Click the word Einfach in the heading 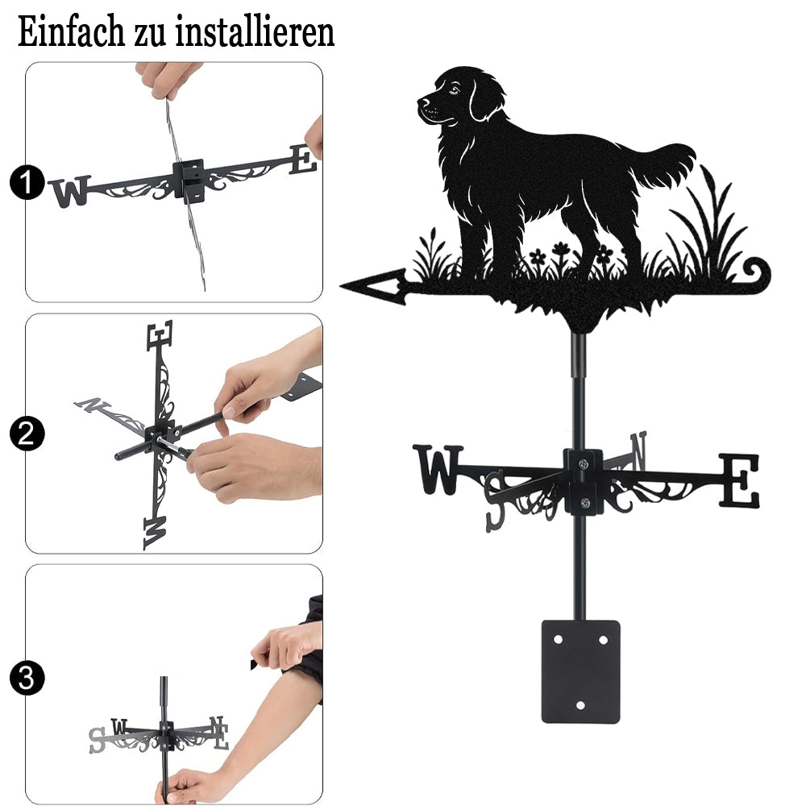click(71, 32)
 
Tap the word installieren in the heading click(255, 32)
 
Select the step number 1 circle click(27, 182)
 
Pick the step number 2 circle click(27, 434)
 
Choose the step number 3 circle click(27, 678)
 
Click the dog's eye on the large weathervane click(453, 91)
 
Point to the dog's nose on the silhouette click(422, 102)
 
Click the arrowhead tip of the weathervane click(341, 285)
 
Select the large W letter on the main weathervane click(438, 469)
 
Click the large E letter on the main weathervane click(738, 480)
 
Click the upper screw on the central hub click(584, 465)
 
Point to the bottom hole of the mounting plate click(580, 705)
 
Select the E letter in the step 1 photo click(303, 160)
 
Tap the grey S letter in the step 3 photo click(97, 740)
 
